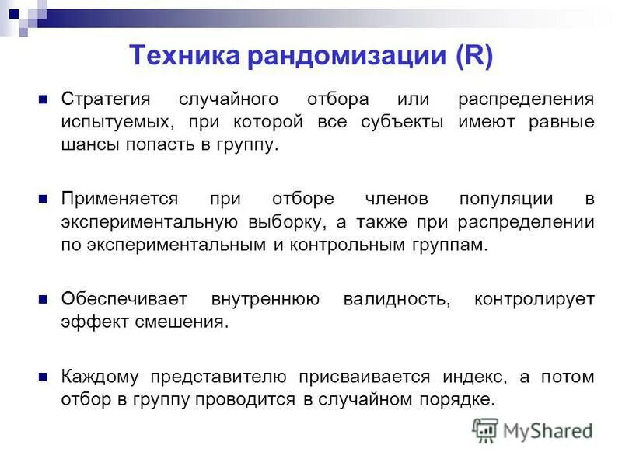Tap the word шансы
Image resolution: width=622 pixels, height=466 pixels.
point(88,145)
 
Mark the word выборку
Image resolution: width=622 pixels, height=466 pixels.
point(286,223)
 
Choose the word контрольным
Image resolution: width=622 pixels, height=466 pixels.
point(349,245)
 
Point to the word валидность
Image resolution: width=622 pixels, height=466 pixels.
point(397,299)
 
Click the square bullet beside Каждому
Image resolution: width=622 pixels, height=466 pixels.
point(44,376)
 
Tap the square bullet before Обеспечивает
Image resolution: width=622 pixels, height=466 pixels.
point(44,298)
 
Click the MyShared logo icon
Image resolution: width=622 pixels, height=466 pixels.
point(486,430)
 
